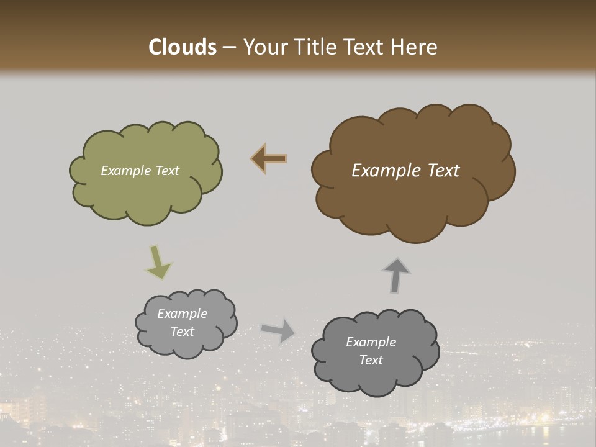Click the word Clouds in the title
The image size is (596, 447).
tap(183, 47)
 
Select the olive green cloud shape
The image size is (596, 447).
tap(147, 192)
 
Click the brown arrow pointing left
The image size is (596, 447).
tap(269, 159)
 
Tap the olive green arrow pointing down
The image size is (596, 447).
tap(158, 262)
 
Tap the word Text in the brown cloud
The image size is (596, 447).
tap(443, 171)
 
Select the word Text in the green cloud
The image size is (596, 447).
tap(167, 171)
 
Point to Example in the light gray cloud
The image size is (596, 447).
tap(182, 314)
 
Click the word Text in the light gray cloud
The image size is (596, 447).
tap(182, 332)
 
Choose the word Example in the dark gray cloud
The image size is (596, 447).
tap(371, 342)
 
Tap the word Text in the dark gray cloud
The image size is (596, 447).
tap(371, 360)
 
